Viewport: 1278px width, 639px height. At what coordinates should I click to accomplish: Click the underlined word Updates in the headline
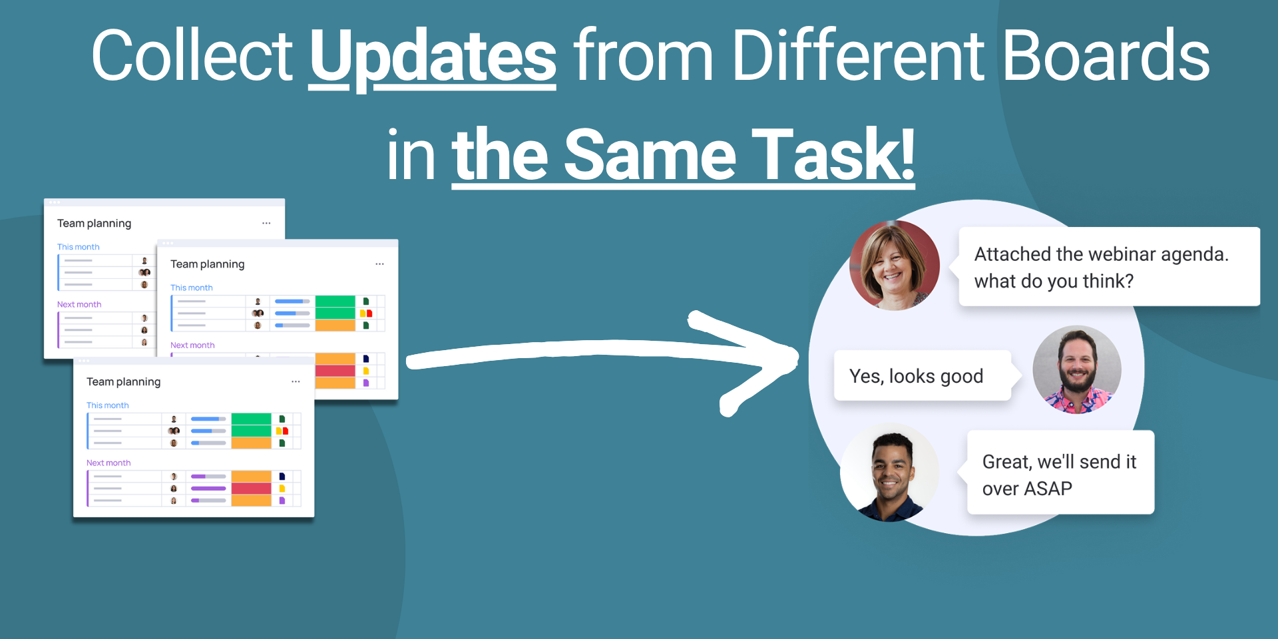pyautogui.click(x=433, y=57)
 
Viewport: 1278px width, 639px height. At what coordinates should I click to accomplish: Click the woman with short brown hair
pyautogui.click(x=895, y=265)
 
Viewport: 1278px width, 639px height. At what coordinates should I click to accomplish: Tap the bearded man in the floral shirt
pyautogui.click(x=1077, y=369)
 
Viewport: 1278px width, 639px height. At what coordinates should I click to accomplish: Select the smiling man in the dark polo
pyautogui.click(x=889, y=473)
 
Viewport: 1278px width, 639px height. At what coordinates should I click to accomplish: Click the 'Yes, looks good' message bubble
pyautogui.click(x=923, y=375)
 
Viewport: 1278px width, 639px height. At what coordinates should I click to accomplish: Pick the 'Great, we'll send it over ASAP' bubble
pyautogui.click(x=1060, y=472)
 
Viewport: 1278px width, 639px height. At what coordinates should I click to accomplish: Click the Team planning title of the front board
pyautogui.click(x=123, y=382)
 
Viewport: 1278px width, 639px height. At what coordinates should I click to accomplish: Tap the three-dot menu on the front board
pyautogui.click(x=296, y=381)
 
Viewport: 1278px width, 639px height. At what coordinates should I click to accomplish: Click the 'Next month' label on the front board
pyautogui.click(x=108, y=463)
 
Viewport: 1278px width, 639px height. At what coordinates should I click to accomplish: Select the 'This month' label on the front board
pyautogui.click(x=107, y=405)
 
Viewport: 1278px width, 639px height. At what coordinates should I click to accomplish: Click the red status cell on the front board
pyautogui.click(x=251, y=489)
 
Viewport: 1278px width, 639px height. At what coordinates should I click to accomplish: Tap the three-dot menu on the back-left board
pyautogui.click(x=266, y=223)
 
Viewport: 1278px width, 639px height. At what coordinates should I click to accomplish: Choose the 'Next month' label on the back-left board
pyautogui.click(x=79, y=304)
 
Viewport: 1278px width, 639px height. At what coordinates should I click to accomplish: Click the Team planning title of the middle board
pyautogui.click(x=207, y=264)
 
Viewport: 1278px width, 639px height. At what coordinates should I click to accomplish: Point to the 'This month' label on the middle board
pyautogui.click(x=191, y=288)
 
